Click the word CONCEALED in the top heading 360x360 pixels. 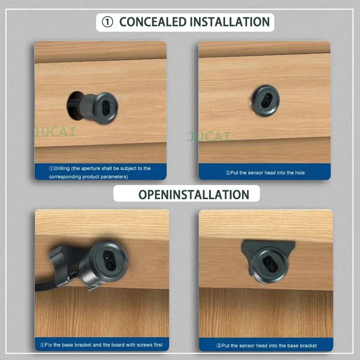tap(153, 22)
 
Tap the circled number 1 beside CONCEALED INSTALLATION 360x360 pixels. tap(107, 22)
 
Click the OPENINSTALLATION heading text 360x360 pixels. tap(194, 195)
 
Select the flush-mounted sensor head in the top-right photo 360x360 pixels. tap(265, 100)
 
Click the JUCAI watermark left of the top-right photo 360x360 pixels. tap(209, 136)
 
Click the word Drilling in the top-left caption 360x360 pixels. tap(62, 168)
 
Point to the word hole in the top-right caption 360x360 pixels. tap(300, 173)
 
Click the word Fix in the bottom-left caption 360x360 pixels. tap(49, 345)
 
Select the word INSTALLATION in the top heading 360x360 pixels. tap(230, 22)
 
